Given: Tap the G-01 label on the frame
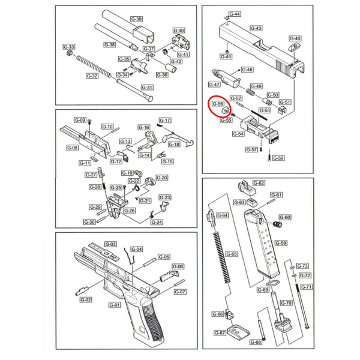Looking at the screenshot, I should (x=114, y=305).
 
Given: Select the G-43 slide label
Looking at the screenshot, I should (x=256, y=28).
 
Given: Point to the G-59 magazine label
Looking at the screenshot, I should (x=280, y=243).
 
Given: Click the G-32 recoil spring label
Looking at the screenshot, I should (x=92, y=76).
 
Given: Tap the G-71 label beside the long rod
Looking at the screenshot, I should (x=306, y=287).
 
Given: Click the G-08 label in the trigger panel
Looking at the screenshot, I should (x=71, y=148).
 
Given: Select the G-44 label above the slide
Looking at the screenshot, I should (x=235, y=14).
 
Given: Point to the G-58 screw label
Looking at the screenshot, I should (x=279, y=158).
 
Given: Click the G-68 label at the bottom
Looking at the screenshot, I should (x=255, y=342).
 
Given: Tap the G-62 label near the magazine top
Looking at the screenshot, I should (x=259, y=183).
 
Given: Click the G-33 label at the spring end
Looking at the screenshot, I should (x=70, y=47).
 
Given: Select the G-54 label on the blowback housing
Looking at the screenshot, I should (x=238, y=134).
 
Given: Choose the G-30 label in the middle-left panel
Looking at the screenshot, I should (x=89, y=221).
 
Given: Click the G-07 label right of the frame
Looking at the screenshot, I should (x=179, y=292).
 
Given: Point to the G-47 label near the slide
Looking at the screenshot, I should (x=214, y=84).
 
